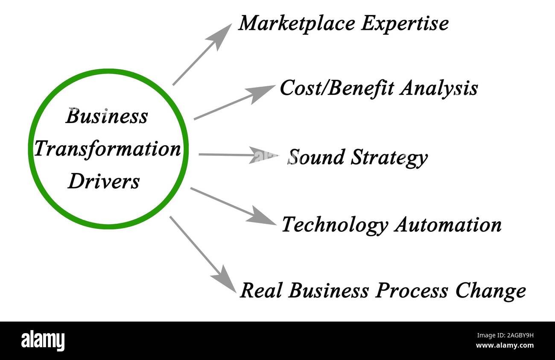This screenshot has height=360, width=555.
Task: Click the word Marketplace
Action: click(297, 23)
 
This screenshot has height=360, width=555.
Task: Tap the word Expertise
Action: click(404, 23)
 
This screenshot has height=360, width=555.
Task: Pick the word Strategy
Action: click(389, 158)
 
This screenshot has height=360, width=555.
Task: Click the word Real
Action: click(261, 291)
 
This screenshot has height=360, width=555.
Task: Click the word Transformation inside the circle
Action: click(108, 149)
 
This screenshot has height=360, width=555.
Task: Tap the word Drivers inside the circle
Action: click(104, 181)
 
